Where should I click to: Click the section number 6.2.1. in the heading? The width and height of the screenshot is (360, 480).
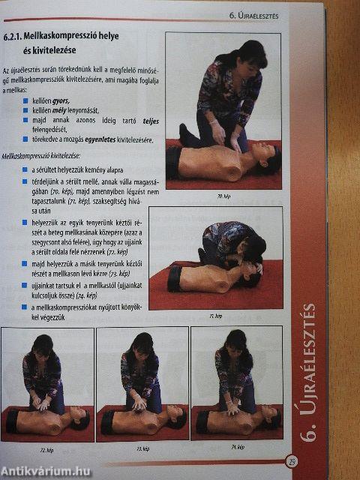click(x=15, y=35)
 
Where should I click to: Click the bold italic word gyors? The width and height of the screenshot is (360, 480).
click(x=61, y=99)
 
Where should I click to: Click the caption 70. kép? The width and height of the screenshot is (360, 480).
click(x=224, y=196)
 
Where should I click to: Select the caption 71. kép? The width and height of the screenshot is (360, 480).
click(x=219, y=316)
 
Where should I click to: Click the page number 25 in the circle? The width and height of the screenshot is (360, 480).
click(x=292, y=461)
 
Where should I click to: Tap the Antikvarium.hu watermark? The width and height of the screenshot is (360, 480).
click(x=46, y=471)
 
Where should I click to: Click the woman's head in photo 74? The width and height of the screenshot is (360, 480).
click(x=233, y=342)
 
